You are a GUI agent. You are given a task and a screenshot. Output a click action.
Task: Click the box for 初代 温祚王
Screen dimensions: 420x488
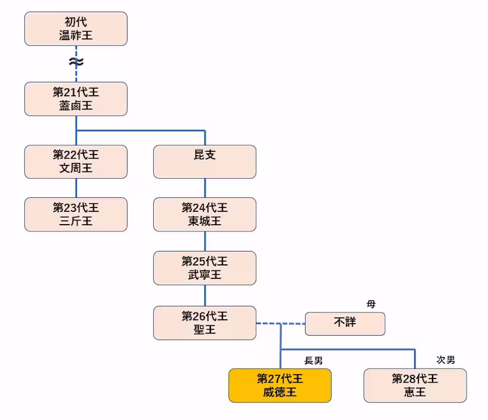tap(76, 29)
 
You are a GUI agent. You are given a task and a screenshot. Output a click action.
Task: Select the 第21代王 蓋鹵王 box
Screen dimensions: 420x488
tap(76, 99)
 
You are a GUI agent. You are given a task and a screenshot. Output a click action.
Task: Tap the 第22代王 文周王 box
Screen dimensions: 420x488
tap(76, 161)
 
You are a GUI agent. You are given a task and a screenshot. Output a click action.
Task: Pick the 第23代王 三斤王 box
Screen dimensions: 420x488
tap(76, 214)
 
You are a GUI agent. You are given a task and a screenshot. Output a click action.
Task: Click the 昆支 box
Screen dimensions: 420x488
tap(204, 161)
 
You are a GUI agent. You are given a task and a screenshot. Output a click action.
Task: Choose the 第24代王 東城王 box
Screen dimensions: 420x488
tap(204, 214)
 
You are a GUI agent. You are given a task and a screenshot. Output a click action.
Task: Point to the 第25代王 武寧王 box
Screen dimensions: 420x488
tap(204, 268)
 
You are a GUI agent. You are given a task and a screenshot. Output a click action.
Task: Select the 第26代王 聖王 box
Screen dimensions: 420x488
tap(204, 323)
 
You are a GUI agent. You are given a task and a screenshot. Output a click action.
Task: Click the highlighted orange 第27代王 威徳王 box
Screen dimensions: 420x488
tap(280, 385)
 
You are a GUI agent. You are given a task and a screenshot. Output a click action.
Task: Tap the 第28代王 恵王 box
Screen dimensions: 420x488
tap(415, 385)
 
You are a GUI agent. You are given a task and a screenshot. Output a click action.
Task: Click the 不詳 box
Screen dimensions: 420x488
tap(345, 324)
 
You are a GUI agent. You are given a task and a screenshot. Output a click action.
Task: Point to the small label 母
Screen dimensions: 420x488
tap(371, 304)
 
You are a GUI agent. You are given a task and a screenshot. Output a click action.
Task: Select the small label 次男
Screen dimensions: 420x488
tap(445, 360)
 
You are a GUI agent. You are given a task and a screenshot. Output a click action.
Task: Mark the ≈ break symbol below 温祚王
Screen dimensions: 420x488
tap(76, 62)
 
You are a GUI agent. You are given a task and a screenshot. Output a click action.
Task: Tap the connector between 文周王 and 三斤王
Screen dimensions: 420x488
tap(76, 187)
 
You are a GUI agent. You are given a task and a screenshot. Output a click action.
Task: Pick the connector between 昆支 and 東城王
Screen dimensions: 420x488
tap(205, 187)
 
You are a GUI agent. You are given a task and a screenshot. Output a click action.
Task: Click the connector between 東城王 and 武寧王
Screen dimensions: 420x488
tap(205, 241)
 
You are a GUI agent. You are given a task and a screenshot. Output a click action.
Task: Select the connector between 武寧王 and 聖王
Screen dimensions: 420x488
tap(205, 295)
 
